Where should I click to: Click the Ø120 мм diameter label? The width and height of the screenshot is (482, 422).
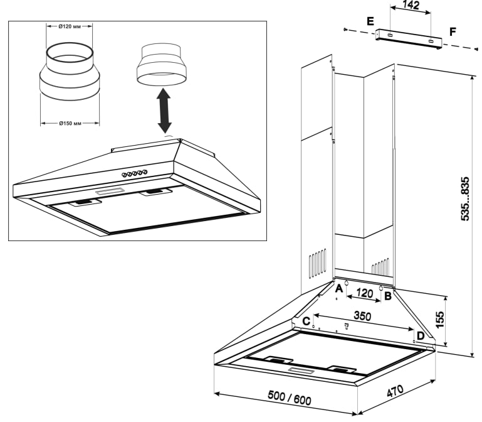(70, 26)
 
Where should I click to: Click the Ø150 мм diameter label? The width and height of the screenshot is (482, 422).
(70, 124)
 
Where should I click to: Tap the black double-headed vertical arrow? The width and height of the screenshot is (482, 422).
(164, 111)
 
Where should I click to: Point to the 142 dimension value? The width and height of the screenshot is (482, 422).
(411, 5)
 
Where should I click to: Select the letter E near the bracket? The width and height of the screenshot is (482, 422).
(370, 21)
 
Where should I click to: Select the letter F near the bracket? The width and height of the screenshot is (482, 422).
(453, 32)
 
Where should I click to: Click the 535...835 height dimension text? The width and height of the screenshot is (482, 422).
(466, 198)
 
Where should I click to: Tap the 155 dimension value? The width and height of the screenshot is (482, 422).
(440, 320)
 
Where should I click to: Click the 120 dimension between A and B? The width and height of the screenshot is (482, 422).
(365, 293)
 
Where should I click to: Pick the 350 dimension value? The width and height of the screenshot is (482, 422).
(362, 316)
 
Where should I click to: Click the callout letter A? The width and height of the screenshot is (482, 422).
(338, 289)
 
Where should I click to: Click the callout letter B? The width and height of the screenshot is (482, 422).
(388, 296)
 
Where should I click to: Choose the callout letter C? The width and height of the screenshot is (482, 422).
(306, 322)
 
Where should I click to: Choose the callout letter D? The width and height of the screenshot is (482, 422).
(420, 336)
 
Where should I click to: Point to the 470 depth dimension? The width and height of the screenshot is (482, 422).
(395, 391)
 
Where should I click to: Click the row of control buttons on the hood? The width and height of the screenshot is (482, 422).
(134, 173)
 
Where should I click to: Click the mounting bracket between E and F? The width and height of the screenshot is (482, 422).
(409, 39)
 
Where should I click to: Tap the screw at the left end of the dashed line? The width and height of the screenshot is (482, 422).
(345, 30)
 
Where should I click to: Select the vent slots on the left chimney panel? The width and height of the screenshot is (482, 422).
(318, 263)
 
